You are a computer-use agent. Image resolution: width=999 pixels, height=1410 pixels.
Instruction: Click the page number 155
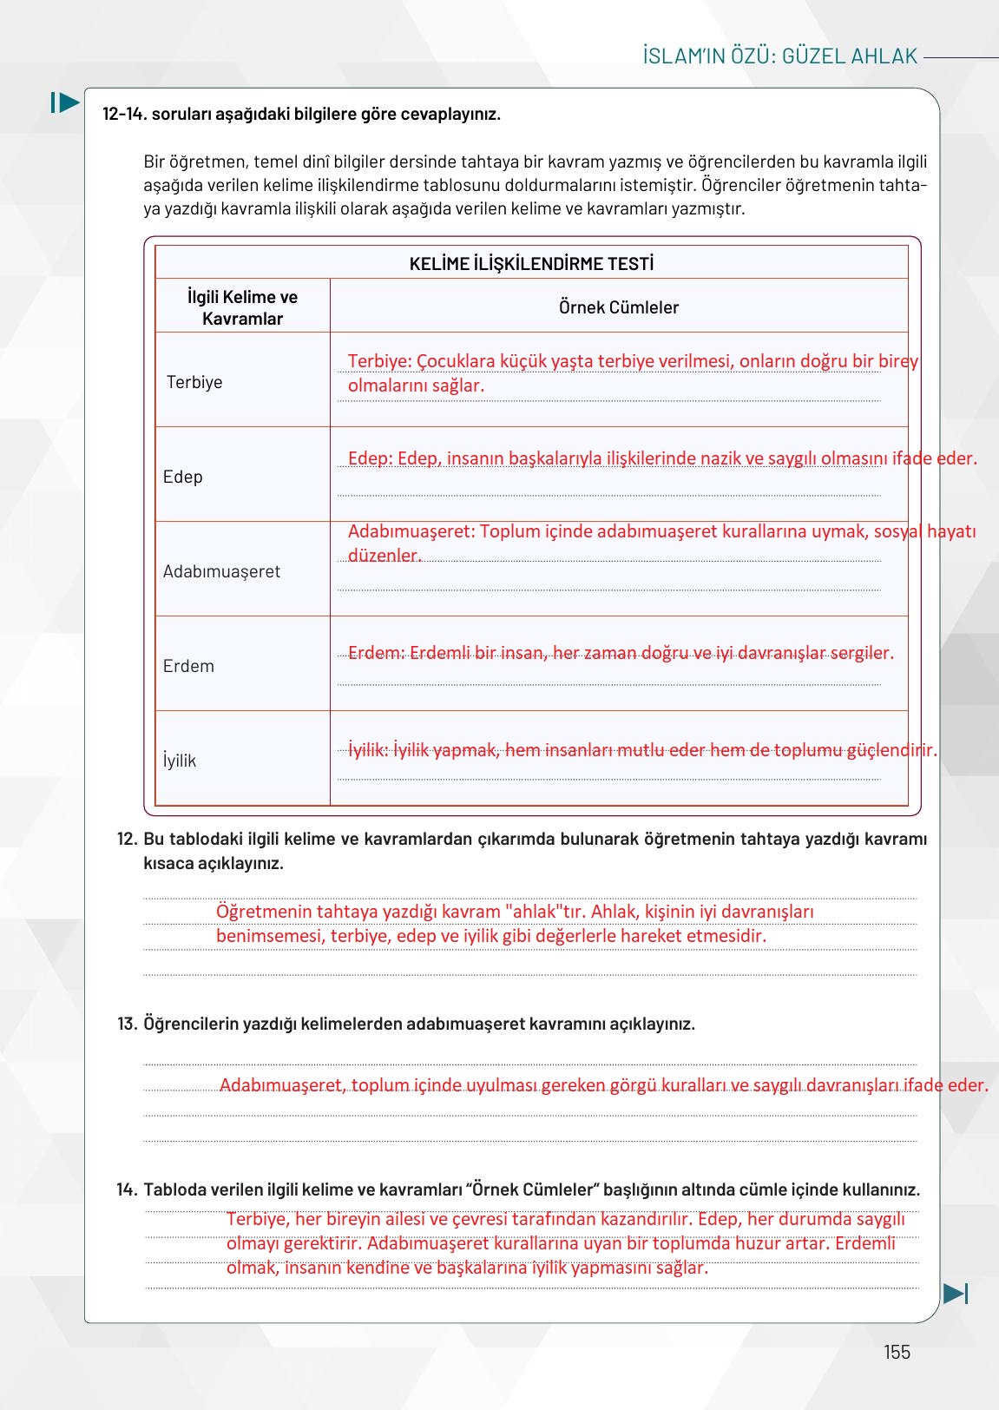tap(897, 1352)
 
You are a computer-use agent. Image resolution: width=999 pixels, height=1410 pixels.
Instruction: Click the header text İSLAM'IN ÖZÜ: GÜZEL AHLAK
tap(780, 56)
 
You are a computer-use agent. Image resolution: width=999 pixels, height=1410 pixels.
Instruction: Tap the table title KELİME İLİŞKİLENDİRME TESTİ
tap(531, 264)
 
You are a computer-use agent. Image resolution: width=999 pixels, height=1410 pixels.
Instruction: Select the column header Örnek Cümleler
tap(618, 307)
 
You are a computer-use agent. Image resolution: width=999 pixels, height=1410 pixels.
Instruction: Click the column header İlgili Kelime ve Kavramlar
tap(242, 307)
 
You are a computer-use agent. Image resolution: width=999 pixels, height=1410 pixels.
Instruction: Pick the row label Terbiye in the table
tap(194, 382)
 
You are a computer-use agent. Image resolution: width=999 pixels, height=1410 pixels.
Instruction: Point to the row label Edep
tap(182, 477)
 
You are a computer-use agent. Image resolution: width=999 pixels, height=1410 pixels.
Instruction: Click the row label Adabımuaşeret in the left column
tap(221, 571)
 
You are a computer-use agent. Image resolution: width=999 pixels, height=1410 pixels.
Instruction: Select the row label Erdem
tap(188, 666)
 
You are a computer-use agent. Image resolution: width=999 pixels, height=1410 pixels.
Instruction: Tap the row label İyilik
tap(180, 761)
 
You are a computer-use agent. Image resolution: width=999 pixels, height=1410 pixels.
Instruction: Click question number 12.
tap(127, 840)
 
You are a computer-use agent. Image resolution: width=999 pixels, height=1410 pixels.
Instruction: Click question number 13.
tap(127, 1024)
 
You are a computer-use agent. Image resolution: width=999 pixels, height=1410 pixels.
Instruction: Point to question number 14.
tap(127, 1189)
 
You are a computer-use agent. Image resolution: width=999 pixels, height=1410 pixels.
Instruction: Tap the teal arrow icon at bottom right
tap(955, 1294)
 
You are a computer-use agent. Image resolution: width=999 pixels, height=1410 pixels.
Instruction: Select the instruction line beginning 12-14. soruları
tap(301, 114)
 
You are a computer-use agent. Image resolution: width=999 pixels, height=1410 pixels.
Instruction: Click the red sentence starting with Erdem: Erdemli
tap(620, 653)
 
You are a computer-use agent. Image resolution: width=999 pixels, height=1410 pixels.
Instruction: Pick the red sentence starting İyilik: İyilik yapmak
tap(642, 750)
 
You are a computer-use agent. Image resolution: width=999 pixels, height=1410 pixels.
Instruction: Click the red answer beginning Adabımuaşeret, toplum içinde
tap(603, 1085)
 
